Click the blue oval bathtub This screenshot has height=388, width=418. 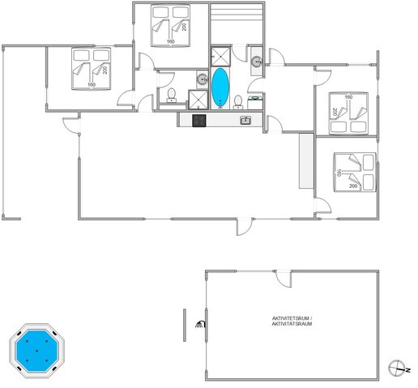[x=220, y=87]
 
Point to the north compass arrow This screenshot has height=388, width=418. [x=396, y=367]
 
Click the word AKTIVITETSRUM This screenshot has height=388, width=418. [x=291, y=318]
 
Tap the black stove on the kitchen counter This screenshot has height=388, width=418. [x=198, y=121]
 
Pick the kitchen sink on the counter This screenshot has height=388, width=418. [x=245, y=121]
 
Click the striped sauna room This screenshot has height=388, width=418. [x=237, y=23]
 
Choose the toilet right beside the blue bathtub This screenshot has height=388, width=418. [x=238, y=101]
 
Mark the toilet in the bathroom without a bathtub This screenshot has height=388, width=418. [x=170, y=97]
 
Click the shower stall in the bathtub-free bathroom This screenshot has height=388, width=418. [x=198, y=99]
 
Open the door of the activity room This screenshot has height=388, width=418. [x=283, y=278]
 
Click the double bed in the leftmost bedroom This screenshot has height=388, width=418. [x=90, y=69]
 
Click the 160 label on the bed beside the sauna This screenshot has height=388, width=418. [x=170, y=41]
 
